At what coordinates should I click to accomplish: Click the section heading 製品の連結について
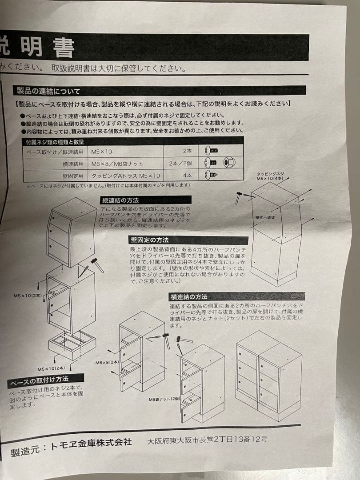point(49,92)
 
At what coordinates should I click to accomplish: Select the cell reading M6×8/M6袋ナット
point(117,164)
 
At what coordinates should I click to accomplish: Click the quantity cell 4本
point(187,176)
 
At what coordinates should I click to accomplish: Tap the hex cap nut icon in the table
point(229,163)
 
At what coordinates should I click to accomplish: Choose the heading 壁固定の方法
point(149,240)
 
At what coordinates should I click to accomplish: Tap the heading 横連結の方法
point(188,296)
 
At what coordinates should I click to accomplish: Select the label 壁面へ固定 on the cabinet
point(266,218)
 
